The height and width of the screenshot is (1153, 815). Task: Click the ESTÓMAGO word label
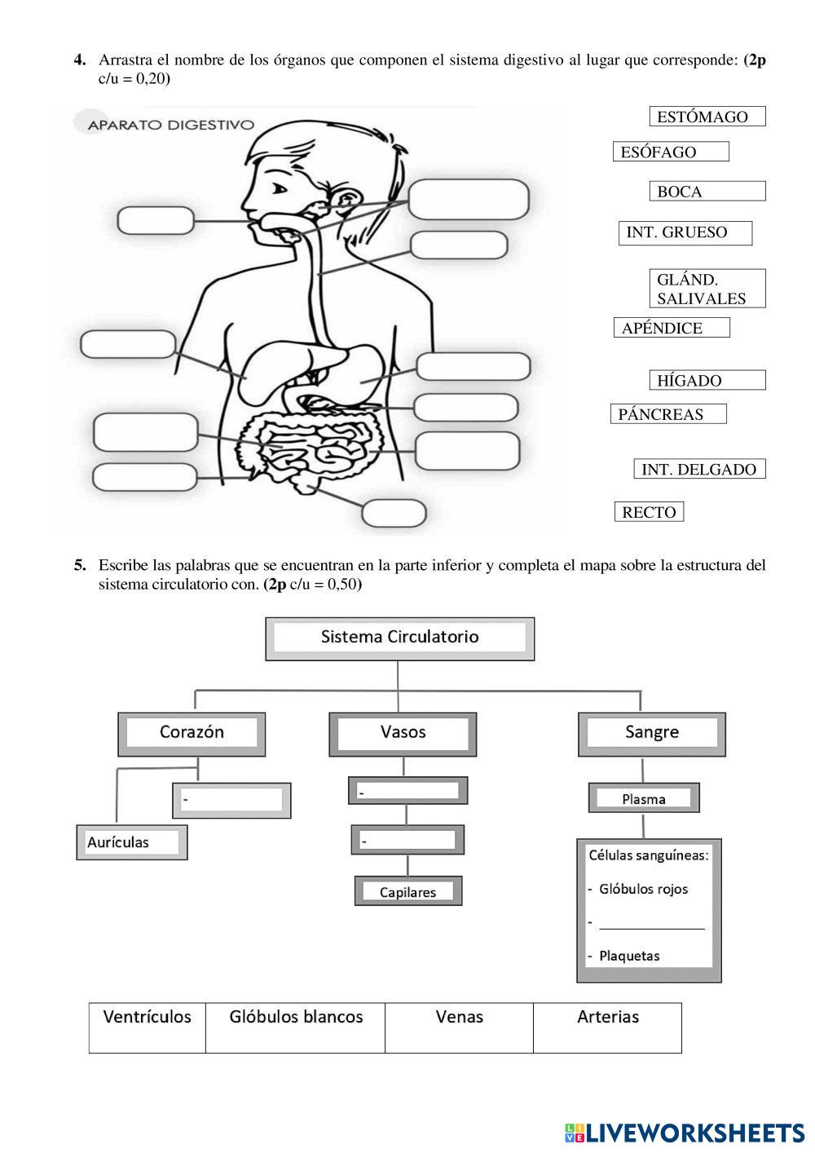coord(707,117)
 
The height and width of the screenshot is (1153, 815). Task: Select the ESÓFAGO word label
coord(670,152)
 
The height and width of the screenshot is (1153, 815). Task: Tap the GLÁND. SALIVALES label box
coord(707,289)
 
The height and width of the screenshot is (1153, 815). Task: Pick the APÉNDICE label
coord(671,328)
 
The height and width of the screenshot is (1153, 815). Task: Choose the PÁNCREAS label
coord(667,414)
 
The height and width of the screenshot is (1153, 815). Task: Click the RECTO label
coord(649,512)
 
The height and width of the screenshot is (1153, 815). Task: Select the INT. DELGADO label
coord(699,469)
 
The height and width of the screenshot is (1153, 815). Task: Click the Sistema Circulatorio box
coord(399,638)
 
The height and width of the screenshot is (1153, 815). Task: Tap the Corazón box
coord(192,732)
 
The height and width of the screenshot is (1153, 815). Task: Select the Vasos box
coord(403,732)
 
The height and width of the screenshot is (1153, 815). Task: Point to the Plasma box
coord(644,799)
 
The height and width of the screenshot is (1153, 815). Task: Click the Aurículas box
coord(132,842)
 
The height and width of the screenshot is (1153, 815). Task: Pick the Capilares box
coord(407,891)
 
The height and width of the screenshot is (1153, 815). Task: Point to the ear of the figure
coord(347,200)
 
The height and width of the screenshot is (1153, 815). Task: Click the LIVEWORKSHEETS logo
coord(684,1133)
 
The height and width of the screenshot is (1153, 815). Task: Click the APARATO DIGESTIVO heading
coord(170,125)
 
